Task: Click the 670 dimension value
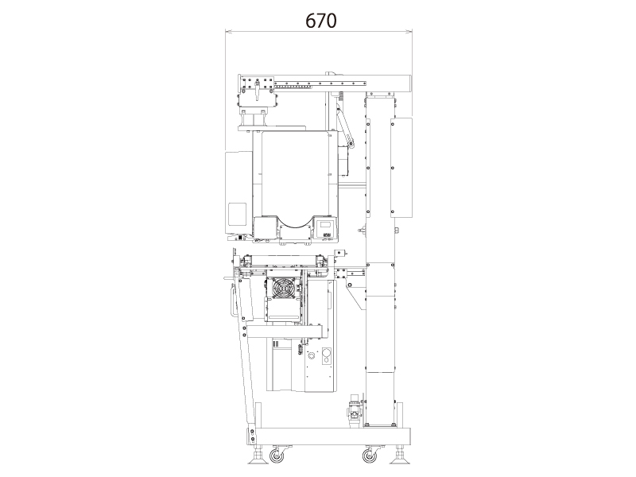coord(321,21)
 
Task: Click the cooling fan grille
coord(284,288)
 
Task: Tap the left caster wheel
coord(276,456)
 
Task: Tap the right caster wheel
coord(369,456)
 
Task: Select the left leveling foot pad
coord(258,460)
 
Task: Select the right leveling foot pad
coord(400,460)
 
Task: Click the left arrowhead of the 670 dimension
coord(228,31)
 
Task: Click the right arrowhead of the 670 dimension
coord(409,31)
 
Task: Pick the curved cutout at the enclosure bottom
coord(295,227)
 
